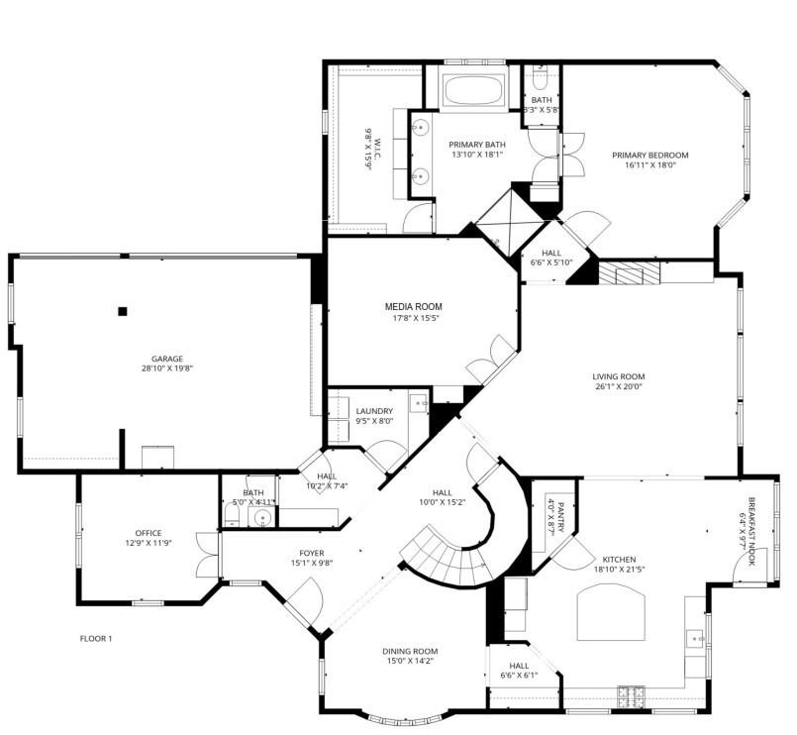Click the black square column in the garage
click(123, 311)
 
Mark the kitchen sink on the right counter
click(697, 639)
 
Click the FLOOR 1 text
click(96, 639)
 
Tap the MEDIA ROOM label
click(414, 307)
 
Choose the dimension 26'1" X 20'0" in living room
click(618, 387)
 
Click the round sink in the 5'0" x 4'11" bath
click(263, 517)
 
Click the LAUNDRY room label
click(374, 411)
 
